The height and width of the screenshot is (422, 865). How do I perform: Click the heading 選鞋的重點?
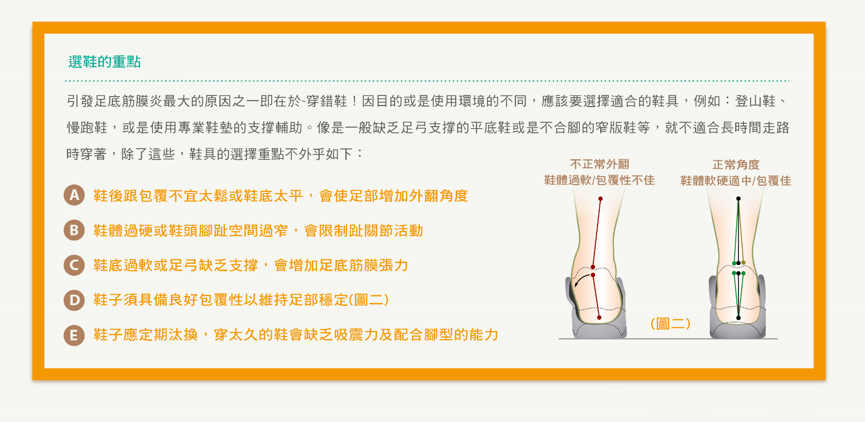point(104,62)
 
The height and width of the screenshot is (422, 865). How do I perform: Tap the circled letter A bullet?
point(74,195)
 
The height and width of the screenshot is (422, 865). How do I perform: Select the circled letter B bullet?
point(74,230)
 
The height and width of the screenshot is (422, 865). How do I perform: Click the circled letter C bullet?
point(74,265)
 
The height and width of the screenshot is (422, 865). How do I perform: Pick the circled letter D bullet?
point(74,300)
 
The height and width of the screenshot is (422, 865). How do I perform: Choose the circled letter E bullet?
point(74,335)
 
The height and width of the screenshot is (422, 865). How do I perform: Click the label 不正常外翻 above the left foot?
point(600,165)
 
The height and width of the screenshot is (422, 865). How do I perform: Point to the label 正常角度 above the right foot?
point(736,165)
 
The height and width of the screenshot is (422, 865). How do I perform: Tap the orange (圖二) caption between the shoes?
point(670,323)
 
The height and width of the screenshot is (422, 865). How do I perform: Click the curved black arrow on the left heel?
point(581,278)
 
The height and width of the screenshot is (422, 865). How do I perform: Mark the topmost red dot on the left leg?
point(600,199)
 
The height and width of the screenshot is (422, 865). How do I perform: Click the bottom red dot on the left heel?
point(599,318)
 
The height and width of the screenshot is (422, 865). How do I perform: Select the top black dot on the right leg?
point(738,198)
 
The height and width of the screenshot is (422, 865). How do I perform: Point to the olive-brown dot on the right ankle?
point(743,263)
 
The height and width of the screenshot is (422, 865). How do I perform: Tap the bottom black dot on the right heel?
point(738,318)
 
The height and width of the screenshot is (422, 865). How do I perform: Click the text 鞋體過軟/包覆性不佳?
point(599,180)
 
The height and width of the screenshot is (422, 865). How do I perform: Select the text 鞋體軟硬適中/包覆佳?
point(736,181)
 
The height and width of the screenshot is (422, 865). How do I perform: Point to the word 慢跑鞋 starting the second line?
point(87,128)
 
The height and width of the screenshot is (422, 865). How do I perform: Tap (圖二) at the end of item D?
point(369,300)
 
